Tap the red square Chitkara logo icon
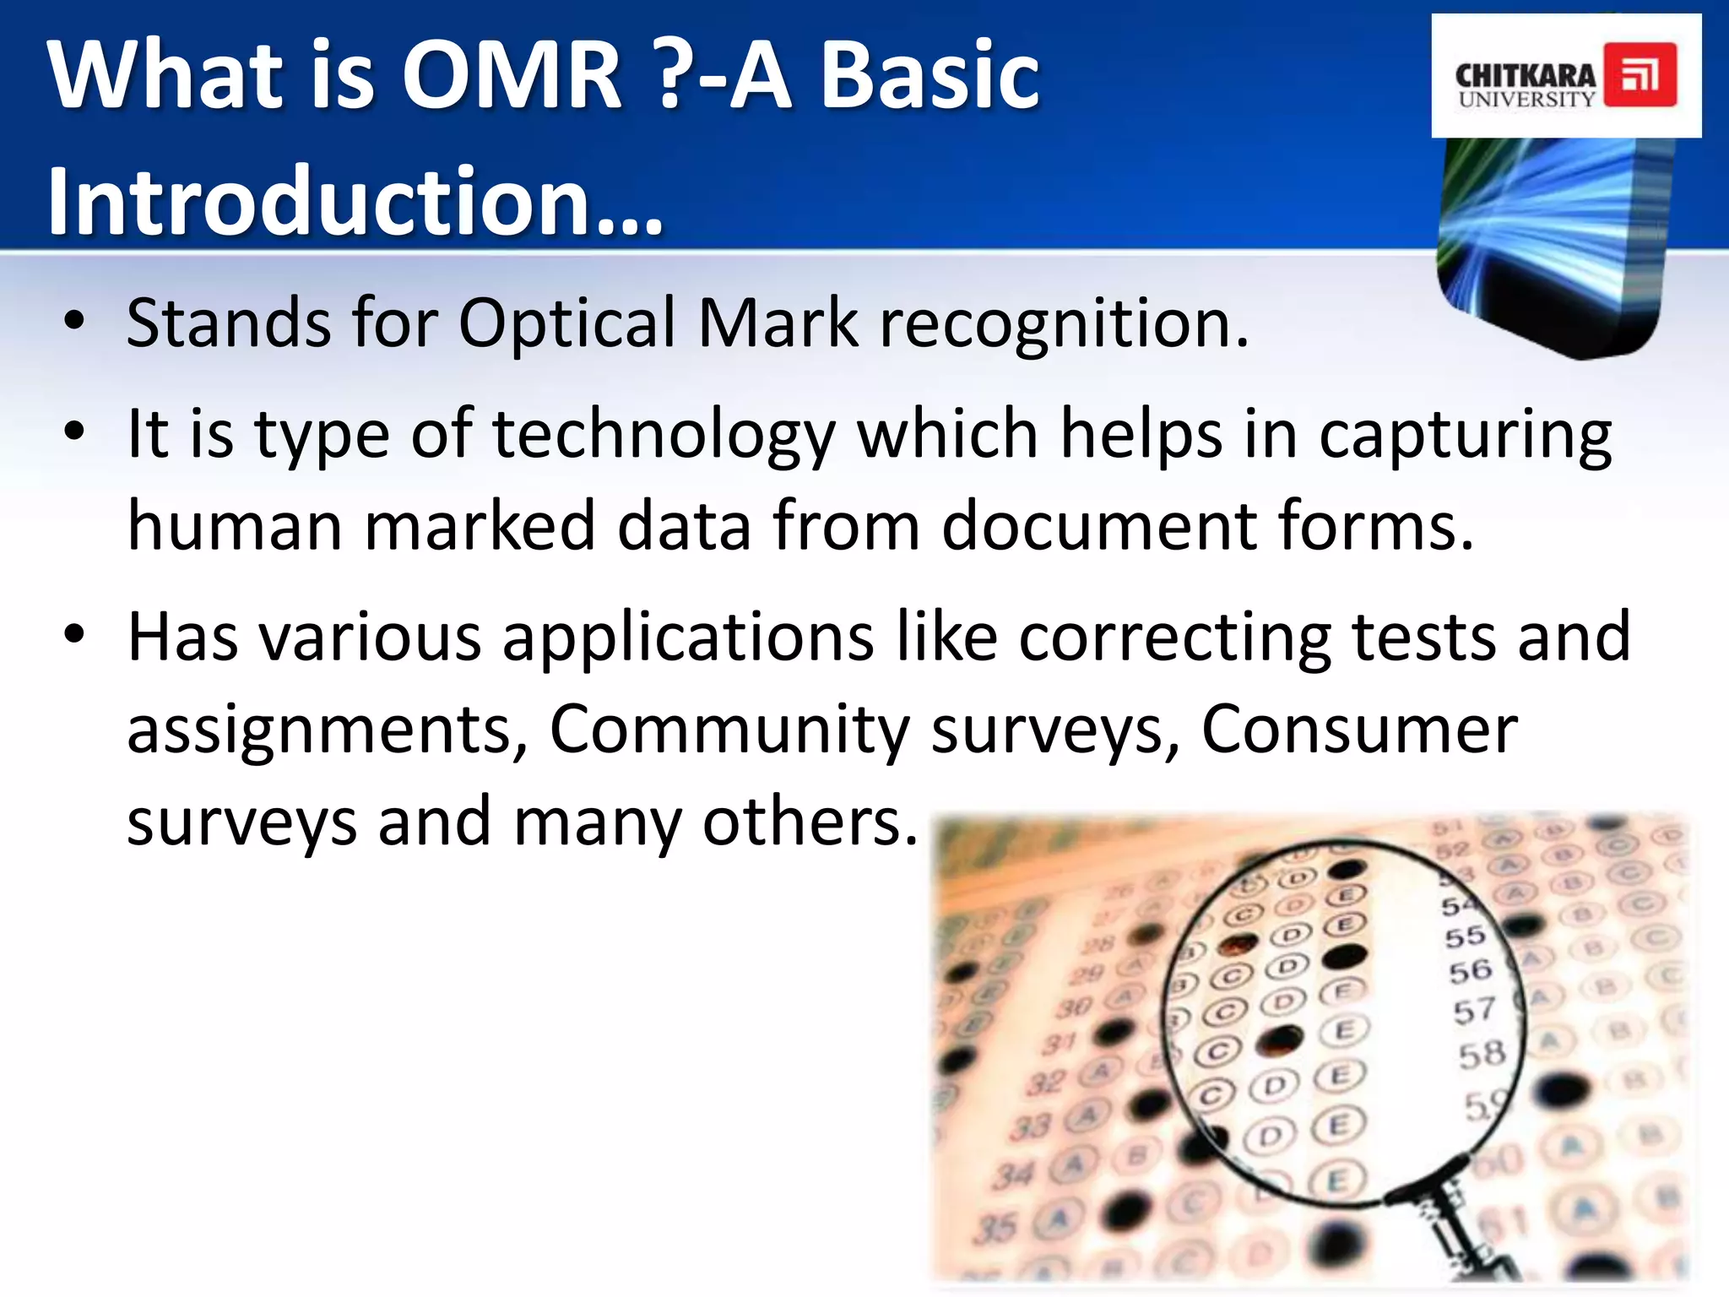1640,76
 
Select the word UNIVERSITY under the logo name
1526,100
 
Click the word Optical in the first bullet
566,323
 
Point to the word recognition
1063,323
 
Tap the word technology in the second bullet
663,435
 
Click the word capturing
1465,435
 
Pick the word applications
688,637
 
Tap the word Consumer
1359,729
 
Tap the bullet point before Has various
74,635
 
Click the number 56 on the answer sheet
1470,971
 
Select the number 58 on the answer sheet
1482,1054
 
